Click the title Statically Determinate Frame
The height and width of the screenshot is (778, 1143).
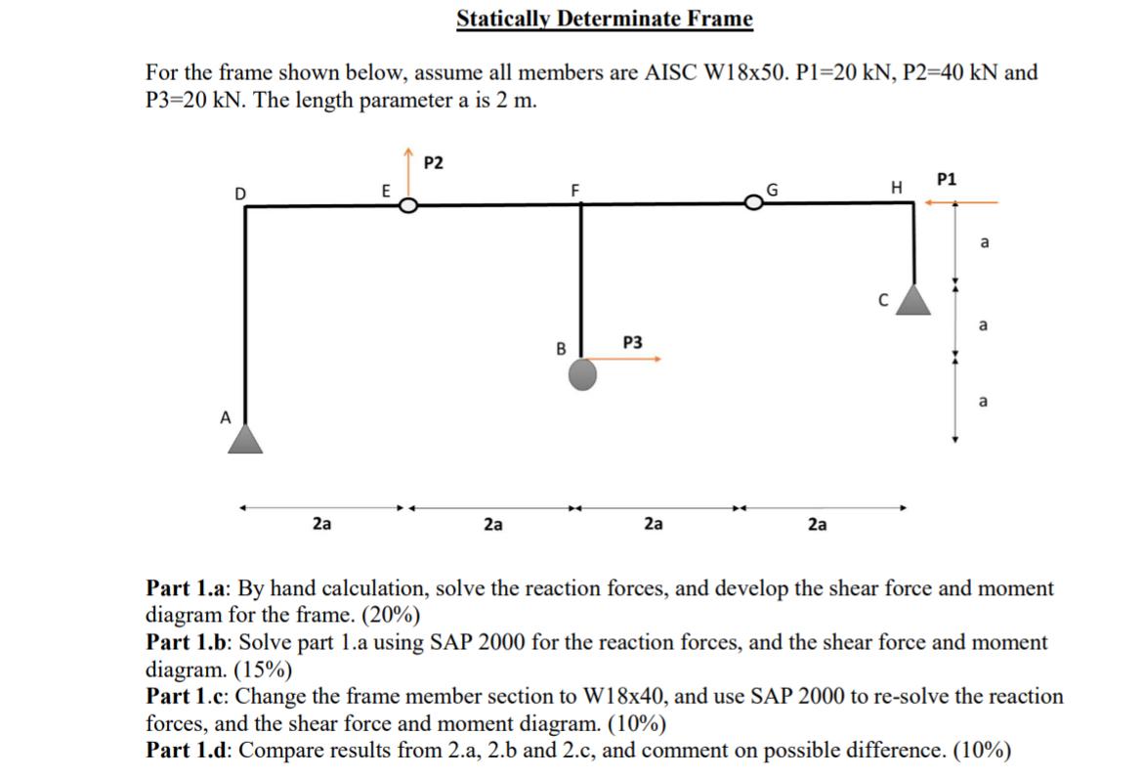[x=605, y=20]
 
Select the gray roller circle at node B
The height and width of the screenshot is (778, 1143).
[x=583, y=373]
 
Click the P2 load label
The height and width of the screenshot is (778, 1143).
[x=436, y=162]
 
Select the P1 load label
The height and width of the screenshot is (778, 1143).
[x=947, y=179]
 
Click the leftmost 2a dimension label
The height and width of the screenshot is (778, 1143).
[x=321, y=525]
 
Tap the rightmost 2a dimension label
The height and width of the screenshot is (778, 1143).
[x=819, y=525]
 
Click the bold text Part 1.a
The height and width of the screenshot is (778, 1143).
[x=189, y=589]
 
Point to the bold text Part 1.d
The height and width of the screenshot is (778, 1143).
[x=190, y=751]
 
